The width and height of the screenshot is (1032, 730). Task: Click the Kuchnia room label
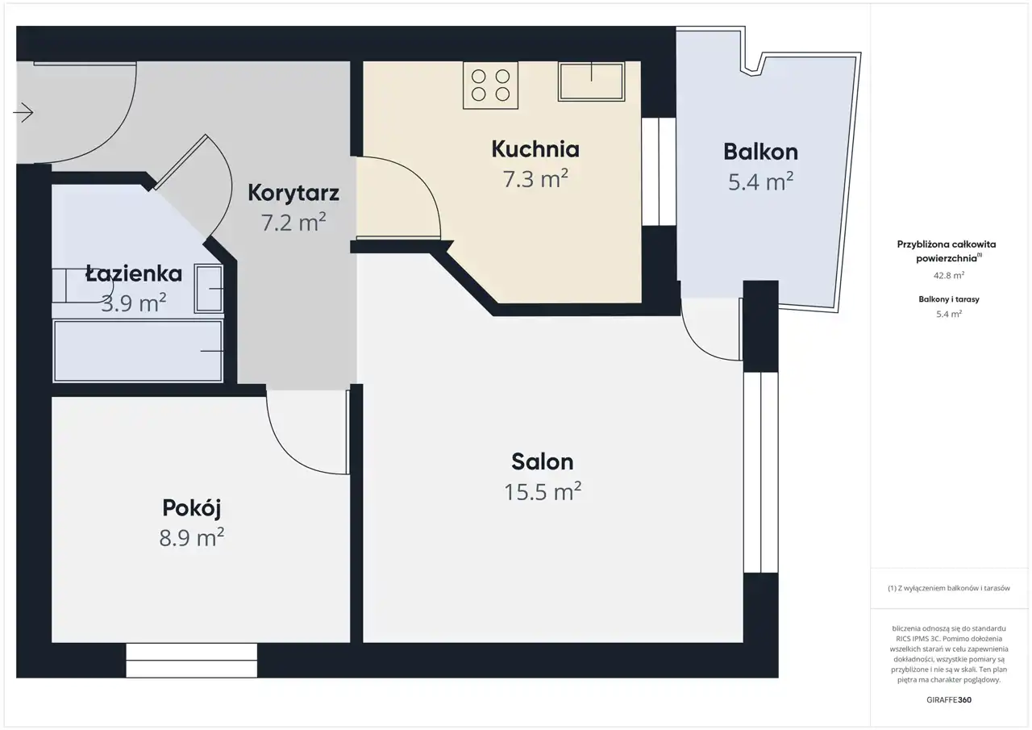pyautogui.click(x=535, y=149)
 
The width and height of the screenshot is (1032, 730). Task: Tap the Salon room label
pyautogui.click(x=543, y=461)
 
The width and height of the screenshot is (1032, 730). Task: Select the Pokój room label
pyautogui.click(x=192, y=509)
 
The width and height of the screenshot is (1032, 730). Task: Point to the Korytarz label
pyautogui.click(x=293, y=193)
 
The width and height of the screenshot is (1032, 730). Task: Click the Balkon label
pyautogui.click(x=760, y=152)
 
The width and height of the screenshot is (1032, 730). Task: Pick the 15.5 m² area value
pyautogui.click(x=543, y=492)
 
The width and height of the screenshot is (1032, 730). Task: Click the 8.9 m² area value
pyautogui.click(x=192, y=537)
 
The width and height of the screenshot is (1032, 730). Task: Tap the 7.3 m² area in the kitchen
pyautogui.click(x=535, y=179)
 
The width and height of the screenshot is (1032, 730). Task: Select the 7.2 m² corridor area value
pyautogui.click(x=293, y=222)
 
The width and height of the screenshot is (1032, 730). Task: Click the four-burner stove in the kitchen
pyautogui.click(x=491, y=86)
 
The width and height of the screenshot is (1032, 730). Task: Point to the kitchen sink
pyautogui.click(x=592, y=81)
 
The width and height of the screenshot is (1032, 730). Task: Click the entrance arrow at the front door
pyautogui.click(x=23, y=112)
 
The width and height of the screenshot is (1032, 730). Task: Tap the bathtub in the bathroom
pyautogui.click(x=138, y=351)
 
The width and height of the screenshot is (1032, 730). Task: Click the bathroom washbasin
pyautogui.click(x=209, y=289)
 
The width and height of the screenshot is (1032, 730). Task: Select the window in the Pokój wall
pyautogui.click(x=192, y=661)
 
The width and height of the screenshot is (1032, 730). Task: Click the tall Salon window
pyautogui.click(x=760, y=473)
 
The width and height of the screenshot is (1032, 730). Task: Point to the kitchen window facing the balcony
pyautogui.click(x=659, y=172)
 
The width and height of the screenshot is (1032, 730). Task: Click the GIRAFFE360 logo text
pyautogui.click(x=949, y=699)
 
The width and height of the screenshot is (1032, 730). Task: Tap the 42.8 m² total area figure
pyautogui.click(x=949, y=275)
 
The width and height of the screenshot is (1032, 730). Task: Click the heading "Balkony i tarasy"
pyautogui.click(x=949, y=299)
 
